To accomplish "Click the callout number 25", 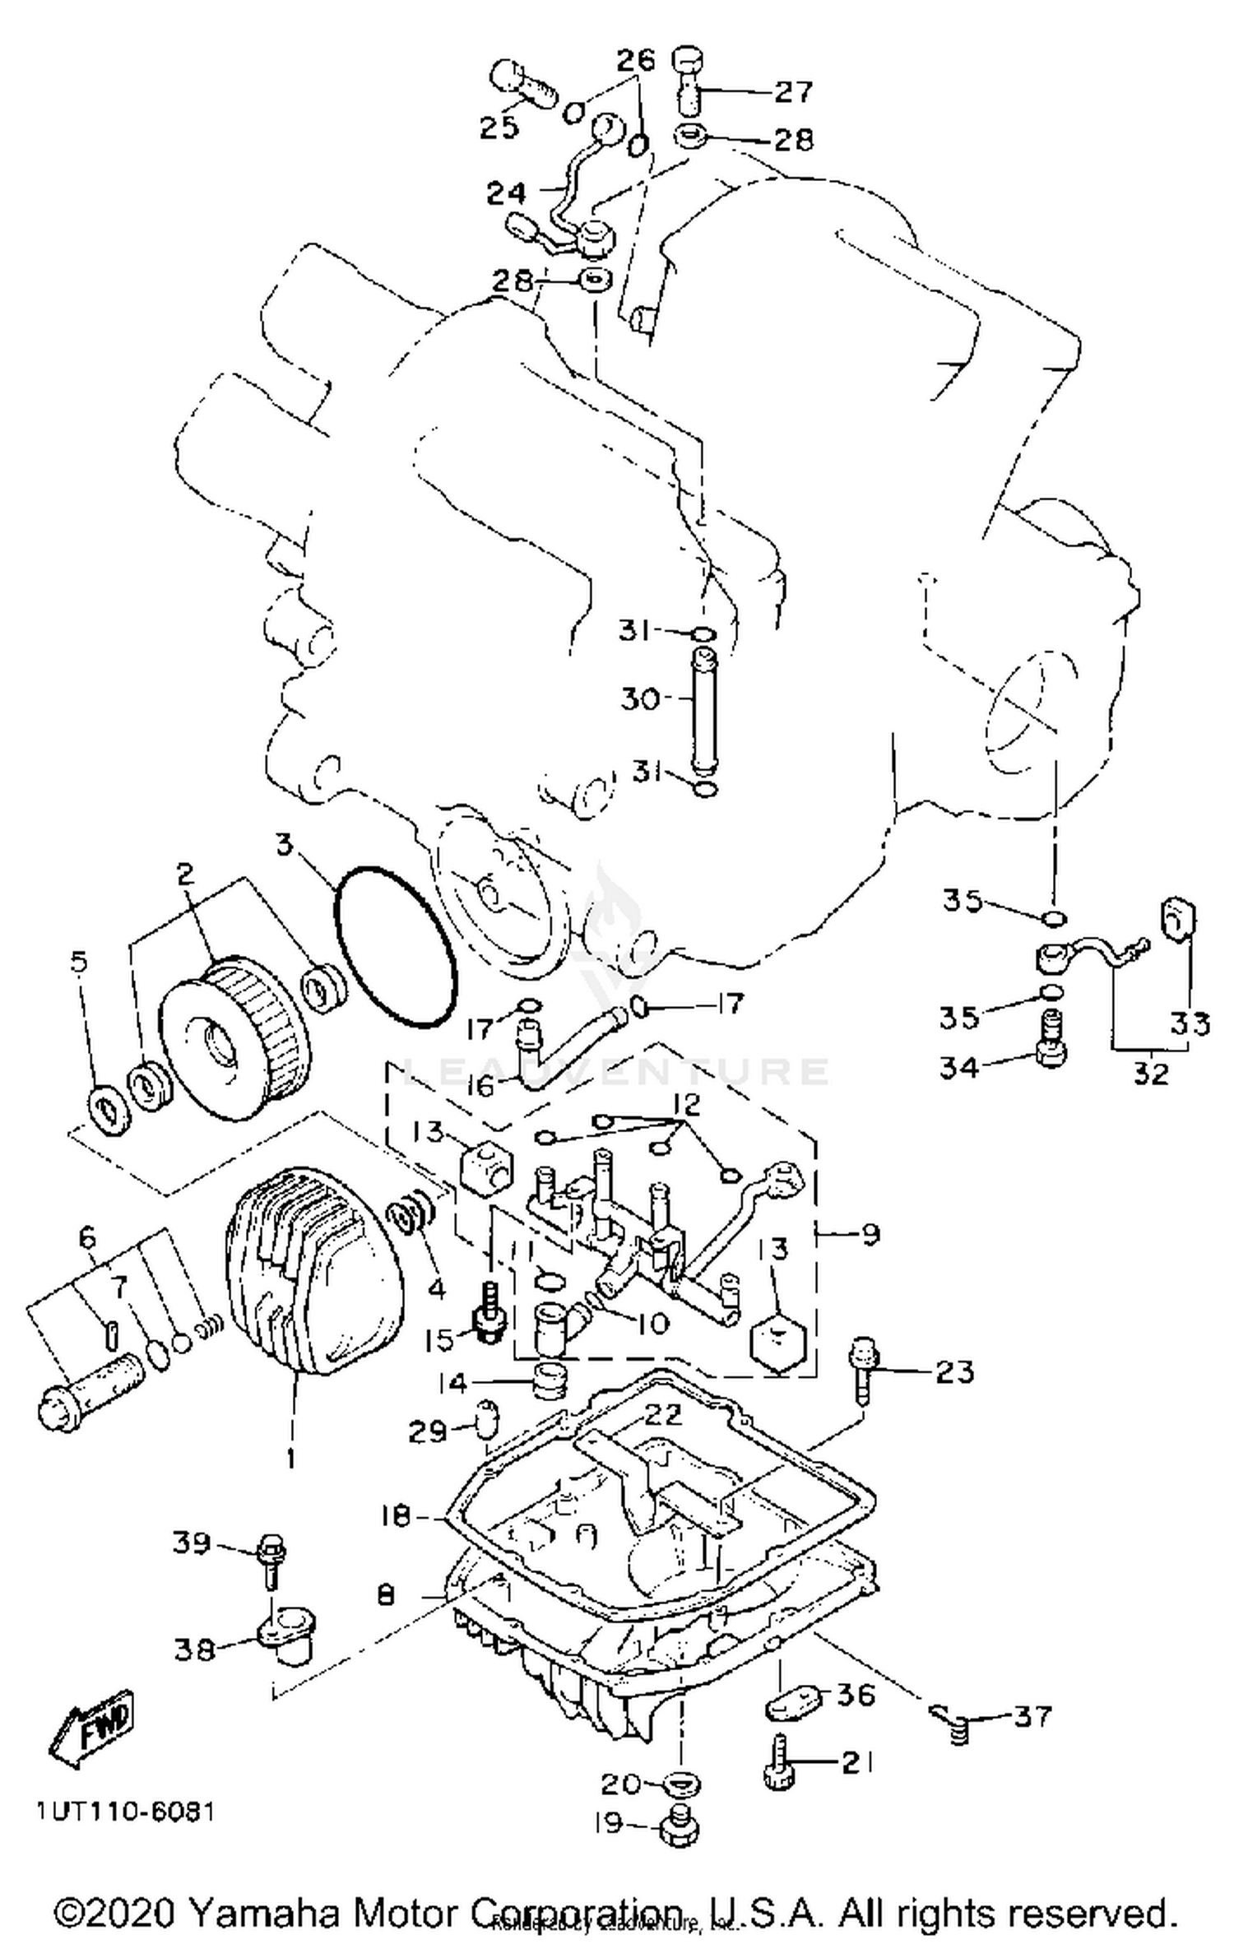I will point(499,128).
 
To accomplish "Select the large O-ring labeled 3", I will point(395,945).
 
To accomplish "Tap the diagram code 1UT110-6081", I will point(125,1812).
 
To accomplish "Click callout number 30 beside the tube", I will point(640,699).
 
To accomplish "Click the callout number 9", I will point(870,1234).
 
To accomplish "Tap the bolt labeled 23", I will point(863,1370).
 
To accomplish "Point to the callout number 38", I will point(194,1649).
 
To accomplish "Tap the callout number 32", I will point(1150,1073).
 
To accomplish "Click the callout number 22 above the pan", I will point(663,1413).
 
